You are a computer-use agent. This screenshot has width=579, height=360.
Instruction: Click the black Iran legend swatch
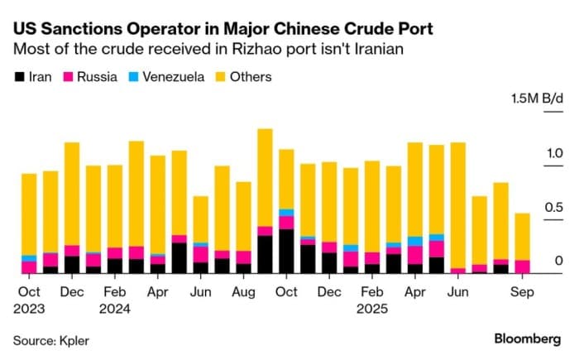19,77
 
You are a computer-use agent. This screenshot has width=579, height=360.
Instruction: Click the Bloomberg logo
528,338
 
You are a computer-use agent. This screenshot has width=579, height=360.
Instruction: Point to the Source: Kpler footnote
50,339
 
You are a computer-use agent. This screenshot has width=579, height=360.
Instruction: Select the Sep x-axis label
521,292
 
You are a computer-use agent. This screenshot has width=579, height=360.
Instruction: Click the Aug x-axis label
243,292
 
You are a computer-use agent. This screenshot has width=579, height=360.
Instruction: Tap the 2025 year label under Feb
372,309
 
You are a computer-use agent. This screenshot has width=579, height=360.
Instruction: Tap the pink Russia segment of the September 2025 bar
522,266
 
